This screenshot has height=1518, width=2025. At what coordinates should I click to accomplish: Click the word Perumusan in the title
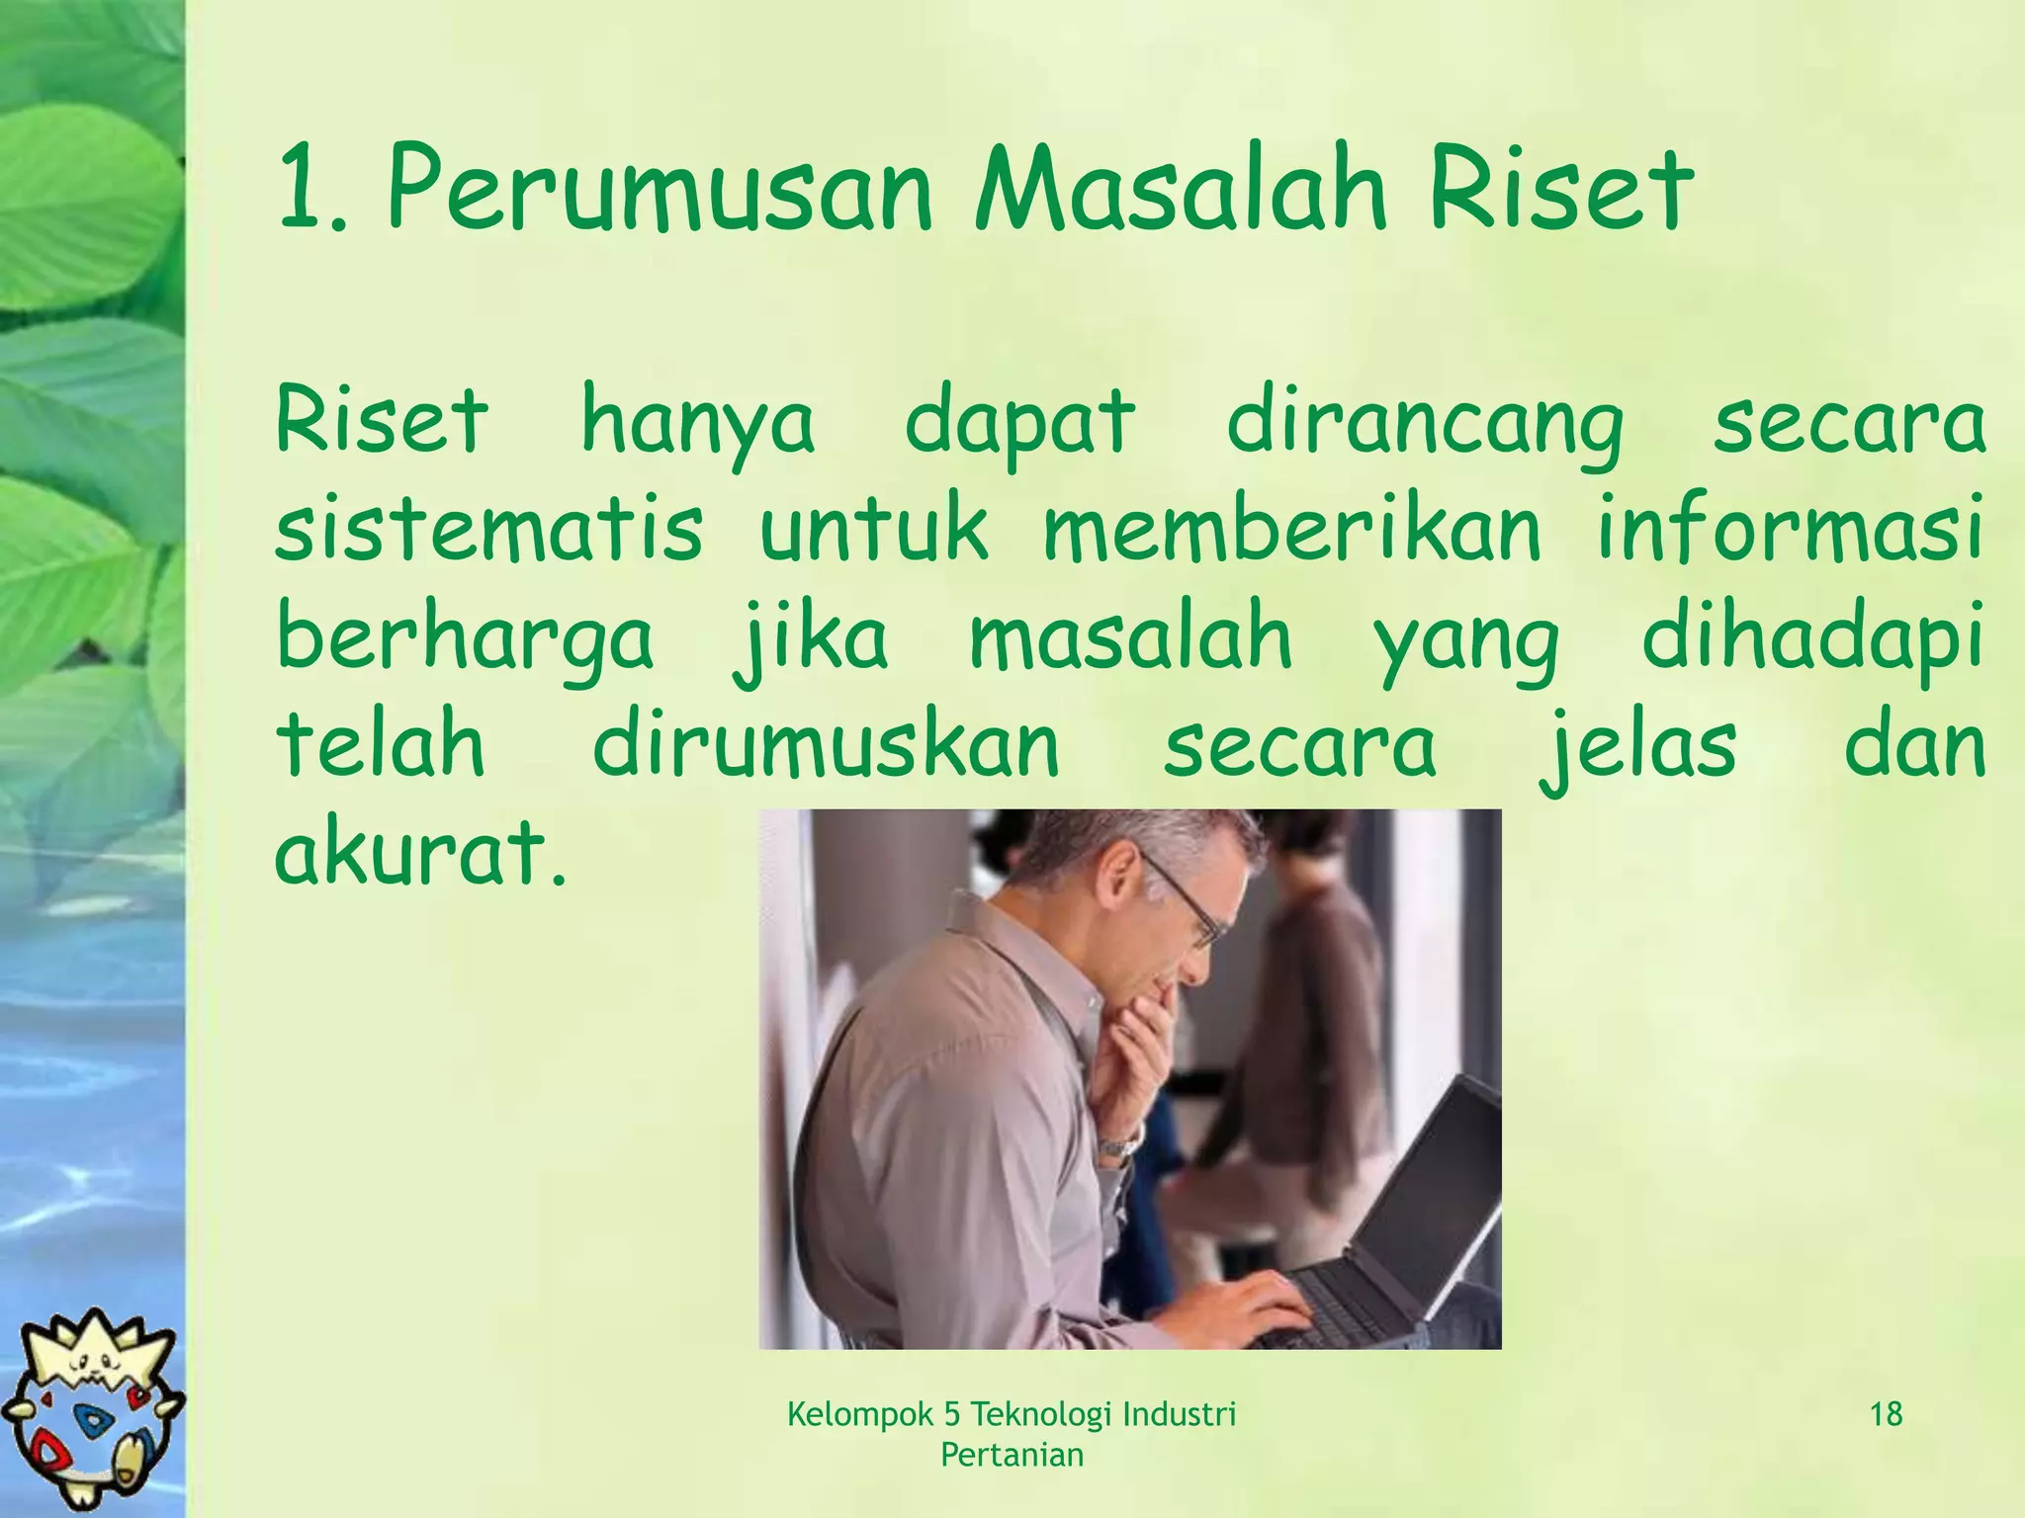click(660, 190)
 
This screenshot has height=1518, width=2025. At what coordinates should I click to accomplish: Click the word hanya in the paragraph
click(698, 423)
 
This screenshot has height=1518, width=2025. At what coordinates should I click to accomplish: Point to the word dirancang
click(1425, 423)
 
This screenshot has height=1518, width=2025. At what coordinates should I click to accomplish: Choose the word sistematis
click(489, 530)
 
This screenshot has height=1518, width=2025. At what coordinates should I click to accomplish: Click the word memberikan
click(1292, 530)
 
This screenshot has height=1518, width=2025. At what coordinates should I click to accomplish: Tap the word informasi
click(1790, 530)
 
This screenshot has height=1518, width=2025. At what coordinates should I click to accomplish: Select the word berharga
click(465, 637)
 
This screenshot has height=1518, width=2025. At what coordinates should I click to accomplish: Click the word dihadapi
click(1812, 637)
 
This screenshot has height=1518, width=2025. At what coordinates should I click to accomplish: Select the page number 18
click(1887, 1414)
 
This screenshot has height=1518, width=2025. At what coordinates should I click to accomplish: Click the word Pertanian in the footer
click(1012, 1455)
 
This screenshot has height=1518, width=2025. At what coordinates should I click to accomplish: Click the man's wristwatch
click(1119, 1146)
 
